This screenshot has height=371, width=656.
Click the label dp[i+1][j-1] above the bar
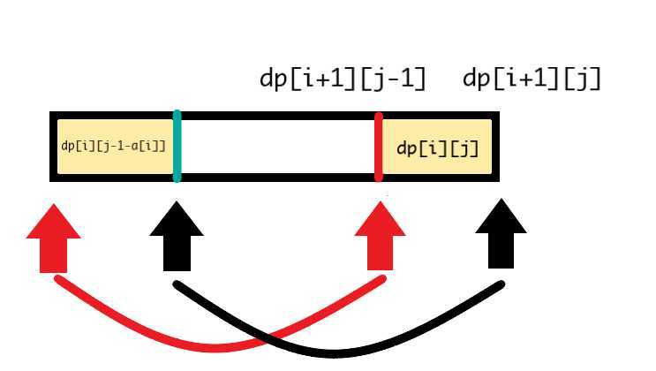point(343,80)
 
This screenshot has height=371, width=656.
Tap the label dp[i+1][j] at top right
point(532,80)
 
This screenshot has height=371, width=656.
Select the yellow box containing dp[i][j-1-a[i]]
point(113,147)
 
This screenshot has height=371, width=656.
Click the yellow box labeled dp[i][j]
point(437,147)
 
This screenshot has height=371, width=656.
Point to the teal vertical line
point(177,147)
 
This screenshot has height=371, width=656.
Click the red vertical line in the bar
point(379,147)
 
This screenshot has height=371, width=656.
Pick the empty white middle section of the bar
point(278,147)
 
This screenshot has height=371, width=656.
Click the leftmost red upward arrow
point(54,234)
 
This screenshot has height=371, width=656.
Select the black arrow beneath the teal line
point(177,234)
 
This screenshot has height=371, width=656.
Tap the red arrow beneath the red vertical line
point(380,234)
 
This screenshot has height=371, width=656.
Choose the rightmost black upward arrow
point(501,234)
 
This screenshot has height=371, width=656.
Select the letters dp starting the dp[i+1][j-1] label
point(273,80)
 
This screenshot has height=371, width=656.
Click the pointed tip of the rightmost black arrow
point(501,201)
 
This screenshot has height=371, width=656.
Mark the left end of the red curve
point(57,279)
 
